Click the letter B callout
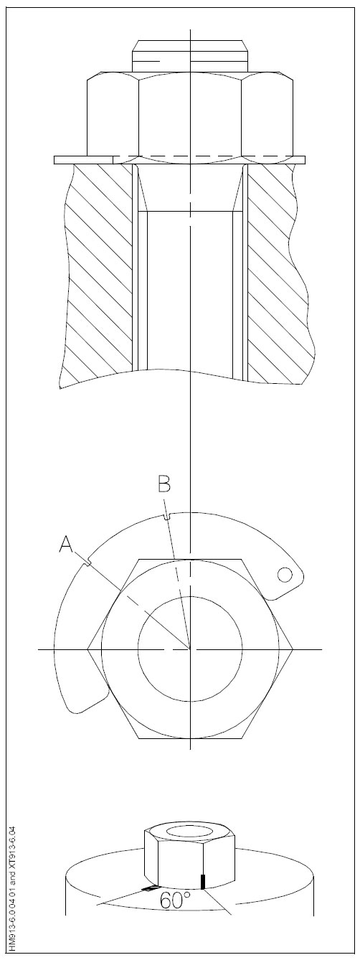click(164, 485)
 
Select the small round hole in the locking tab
click(285, 575)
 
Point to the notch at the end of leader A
click(88, 563)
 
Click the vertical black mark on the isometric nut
click(204, 881)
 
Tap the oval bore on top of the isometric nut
click(190, 831)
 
